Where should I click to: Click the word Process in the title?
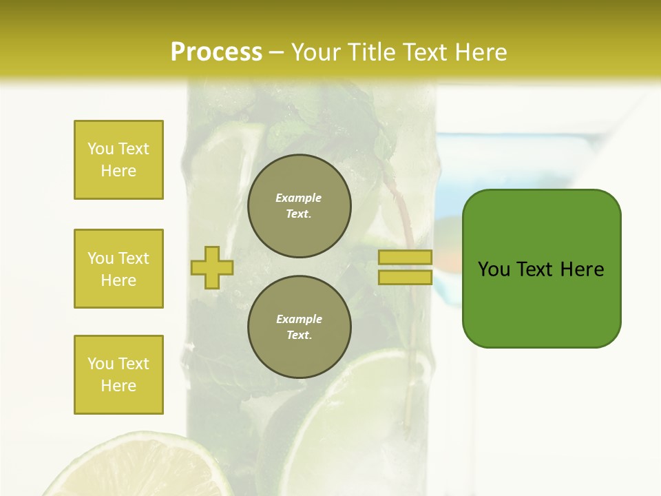click(x=216, y=52)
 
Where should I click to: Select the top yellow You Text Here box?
click(x=118, y=160)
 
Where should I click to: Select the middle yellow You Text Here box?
click(x=118, y=269)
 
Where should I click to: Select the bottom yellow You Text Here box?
click(x=118, y=375)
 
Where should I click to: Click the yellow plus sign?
click(x=212, y=267)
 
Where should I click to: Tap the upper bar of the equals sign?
click(x=405, y=258)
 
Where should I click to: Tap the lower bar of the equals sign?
click(x=405, y=277)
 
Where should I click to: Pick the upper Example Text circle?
click(x=300, y=206)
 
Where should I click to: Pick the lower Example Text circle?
click(x=300, y=327)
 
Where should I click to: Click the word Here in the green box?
click(x=582, y=269)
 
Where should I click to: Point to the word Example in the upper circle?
click(x=299, y=198)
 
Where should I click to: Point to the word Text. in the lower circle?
click(x=299, y=335)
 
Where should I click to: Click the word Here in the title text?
click(x=481, y=52)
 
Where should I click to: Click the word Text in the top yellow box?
click(x=134, y=149)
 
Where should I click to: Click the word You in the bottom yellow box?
click(x=101, y=364)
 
